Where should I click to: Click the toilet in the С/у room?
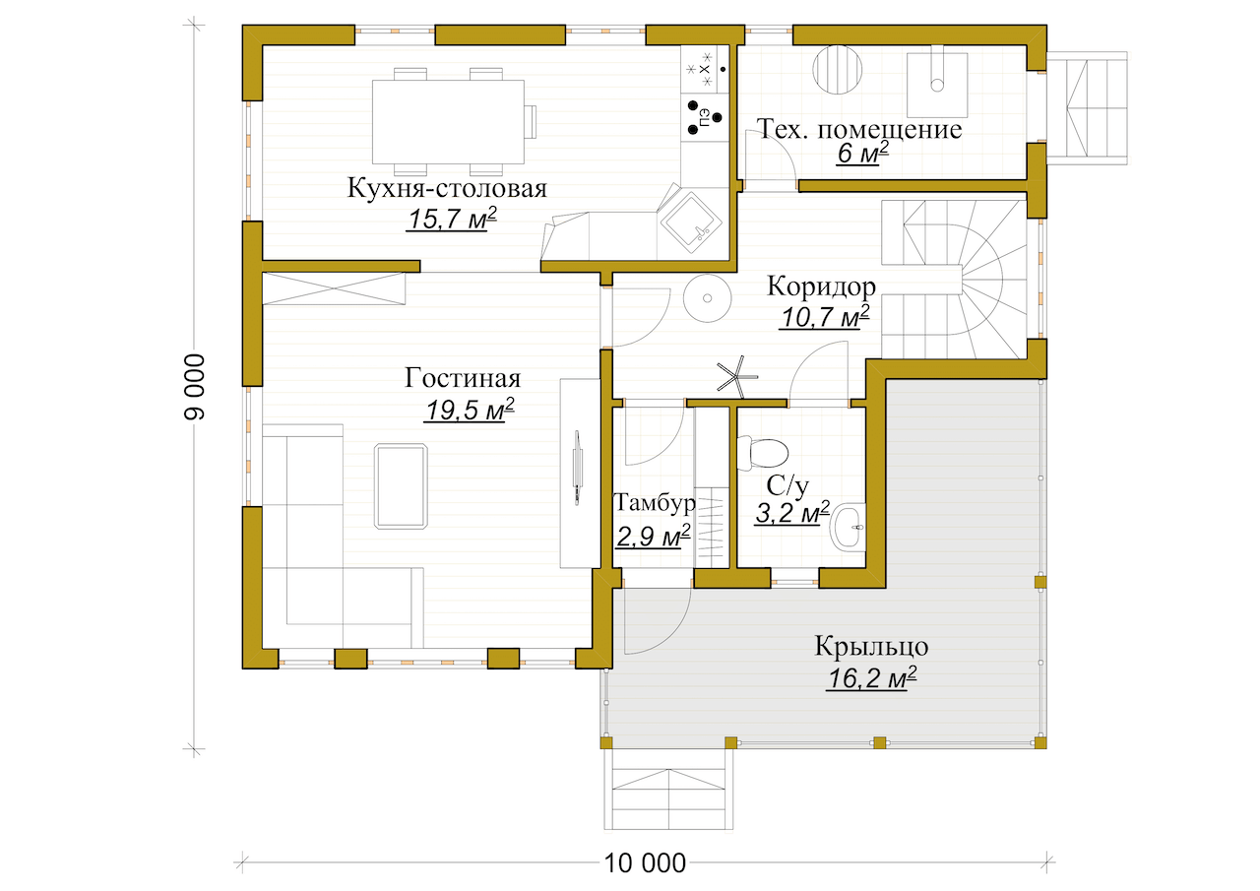[x=762, y=453]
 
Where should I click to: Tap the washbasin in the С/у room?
[x=849, y=528]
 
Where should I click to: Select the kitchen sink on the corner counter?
[x=691, y=223]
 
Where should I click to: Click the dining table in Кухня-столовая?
[x=448, y=121]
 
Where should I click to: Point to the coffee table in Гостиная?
[x=401, y=486]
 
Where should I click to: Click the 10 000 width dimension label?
[x=645, y=862]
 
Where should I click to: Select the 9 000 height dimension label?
[x=195, y=387]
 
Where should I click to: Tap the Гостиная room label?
[x=463, y=378]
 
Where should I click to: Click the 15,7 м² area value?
[x=452, y=219]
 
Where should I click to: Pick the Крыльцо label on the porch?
[x=871, y=646]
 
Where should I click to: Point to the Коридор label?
[x=821, y=286]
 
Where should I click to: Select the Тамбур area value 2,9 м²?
[x=653, y=536]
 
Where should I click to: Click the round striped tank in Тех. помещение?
[x=838, y=69]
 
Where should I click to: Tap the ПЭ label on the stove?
[x=704, y=118]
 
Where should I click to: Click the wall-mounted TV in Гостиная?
[x=577, y=468]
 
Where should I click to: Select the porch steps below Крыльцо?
[x=668, y=790]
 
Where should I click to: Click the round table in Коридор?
[x=707, y=298]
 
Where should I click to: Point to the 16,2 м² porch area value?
[x=871, y=677]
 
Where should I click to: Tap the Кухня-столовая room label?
[x=447, y=188]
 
